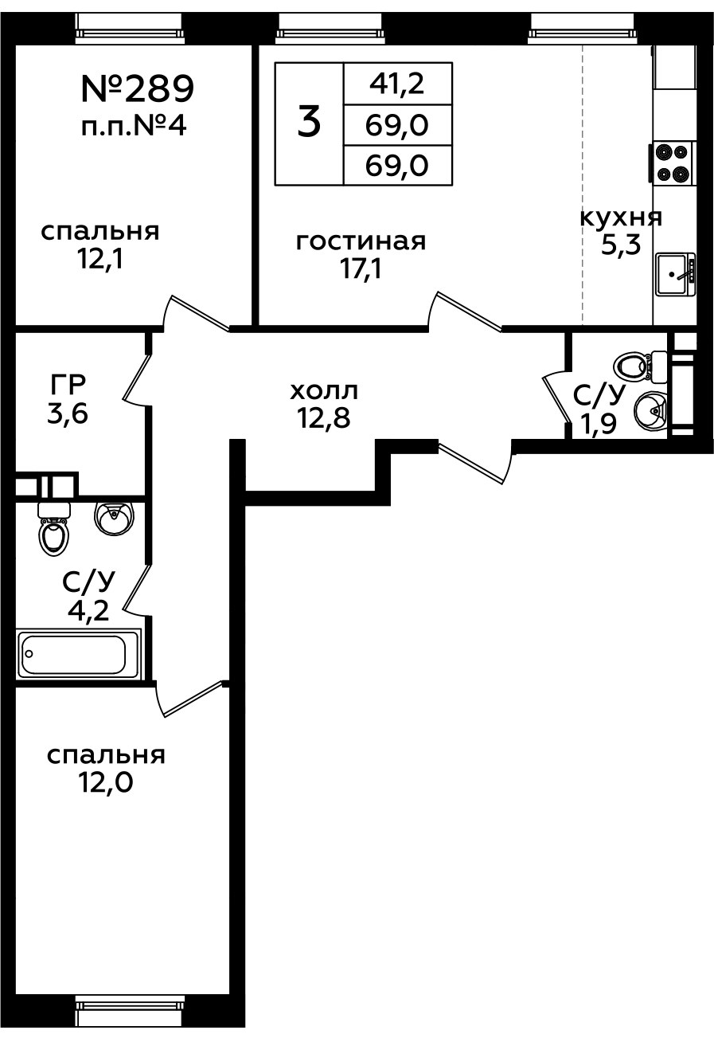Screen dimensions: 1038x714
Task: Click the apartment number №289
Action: (137, 89)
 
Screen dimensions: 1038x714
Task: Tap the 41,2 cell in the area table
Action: (397, 82)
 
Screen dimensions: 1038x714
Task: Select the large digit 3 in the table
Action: (310, 123)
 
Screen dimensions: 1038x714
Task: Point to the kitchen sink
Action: (674, 273)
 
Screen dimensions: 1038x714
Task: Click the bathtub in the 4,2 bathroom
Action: (73, 654)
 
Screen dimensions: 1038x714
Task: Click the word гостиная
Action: (361, 241)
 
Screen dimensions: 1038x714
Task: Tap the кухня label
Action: (621, 217)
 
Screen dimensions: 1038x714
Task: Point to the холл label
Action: (324, 391)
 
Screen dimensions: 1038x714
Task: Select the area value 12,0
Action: (105, 782)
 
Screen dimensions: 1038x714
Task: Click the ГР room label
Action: (67, 386)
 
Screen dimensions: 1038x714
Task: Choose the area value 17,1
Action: (361, 269)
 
